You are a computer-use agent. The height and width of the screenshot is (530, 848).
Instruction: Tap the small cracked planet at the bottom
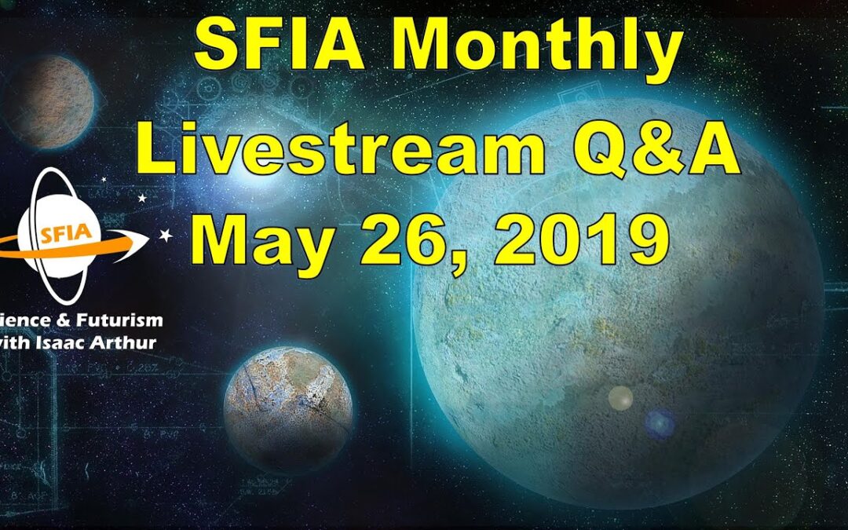[x=288, y=411]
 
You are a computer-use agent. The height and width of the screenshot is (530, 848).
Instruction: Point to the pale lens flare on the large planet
[x=620, y=398]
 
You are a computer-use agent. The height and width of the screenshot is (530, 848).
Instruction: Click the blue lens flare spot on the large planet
[x=659, y=424]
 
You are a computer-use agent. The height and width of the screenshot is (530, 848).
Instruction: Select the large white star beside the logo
[x=166, y=235]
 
